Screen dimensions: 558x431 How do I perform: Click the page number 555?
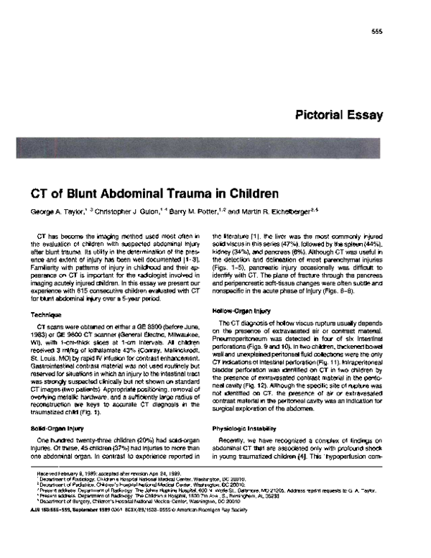click(376, 32)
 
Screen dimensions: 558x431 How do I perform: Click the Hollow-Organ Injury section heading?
click(241, 310)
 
